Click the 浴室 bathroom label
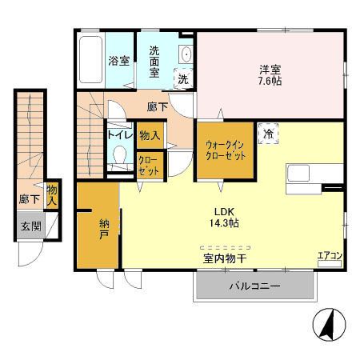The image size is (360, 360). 119,61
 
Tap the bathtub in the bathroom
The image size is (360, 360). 91,60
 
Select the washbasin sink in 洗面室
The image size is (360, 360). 186,54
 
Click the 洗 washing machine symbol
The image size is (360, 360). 183,79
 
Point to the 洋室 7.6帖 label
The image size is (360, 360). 270,75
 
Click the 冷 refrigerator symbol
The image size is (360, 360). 268,134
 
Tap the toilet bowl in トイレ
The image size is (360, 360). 119,155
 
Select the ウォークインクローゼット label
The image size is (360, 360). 225,150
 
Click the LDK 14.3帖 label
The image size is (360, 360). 224,218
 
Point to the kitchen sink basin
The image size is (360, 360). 298,174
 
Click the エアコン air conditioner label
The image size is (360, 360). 330,256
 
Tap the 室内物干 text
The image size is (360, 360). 225,258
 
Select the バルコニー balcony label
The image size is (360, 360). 255,286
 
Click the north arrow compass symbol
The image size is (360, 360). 329,325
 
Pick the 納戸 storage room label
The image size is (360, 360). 104,229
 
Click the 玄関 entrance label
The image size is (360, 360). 31,226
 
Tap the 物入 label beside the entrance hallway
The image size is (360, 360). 52,195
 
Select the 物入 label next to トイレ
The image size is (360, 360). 150,135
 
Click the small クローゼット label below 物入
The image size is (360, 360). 149,166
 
